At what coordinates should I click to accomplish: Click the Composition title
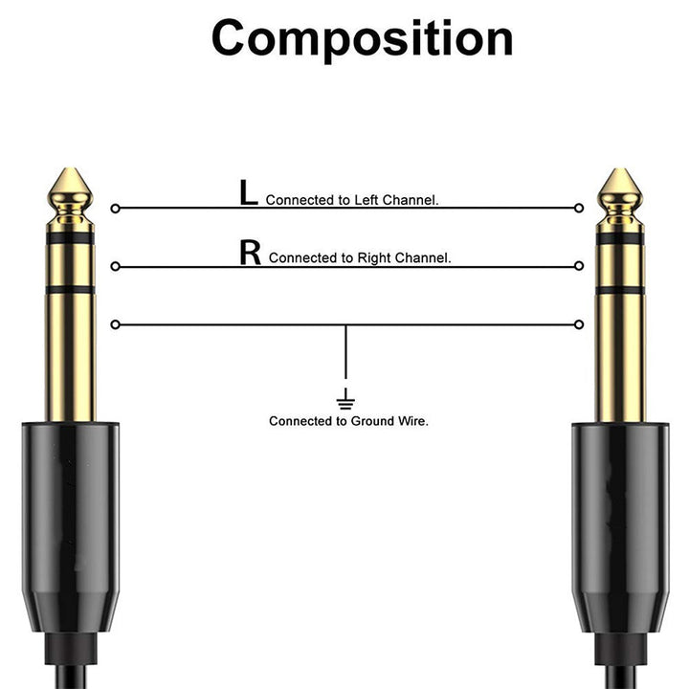(362, 39)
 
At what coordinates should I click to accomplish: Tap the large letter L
(248, 193)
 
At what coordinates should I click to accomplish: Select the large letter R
(250, 253)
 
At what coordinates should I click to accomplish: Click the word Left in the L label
(369, 201)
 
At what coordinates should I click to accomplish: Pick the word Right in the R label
(373, 258)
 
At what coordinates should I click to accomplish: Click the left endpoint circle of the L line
(115, 208)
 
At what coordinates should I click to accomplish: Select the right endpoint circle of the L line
(578, 208)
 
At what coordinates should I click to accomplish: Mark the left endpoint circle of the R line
(115, 265)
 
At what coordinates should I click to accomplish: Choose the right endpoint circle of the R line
(578, 265)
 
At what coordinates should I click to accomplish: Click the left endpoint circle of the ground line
(115, 324)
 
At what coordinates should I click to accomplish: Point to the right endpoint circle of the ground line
(578, 324)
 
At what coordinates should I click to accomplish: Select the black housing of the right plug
(619, 517)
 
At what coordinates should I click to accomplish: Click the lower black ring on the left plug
(71, 288)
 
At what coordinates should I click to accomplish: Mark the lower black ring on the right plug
(619, 288)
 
